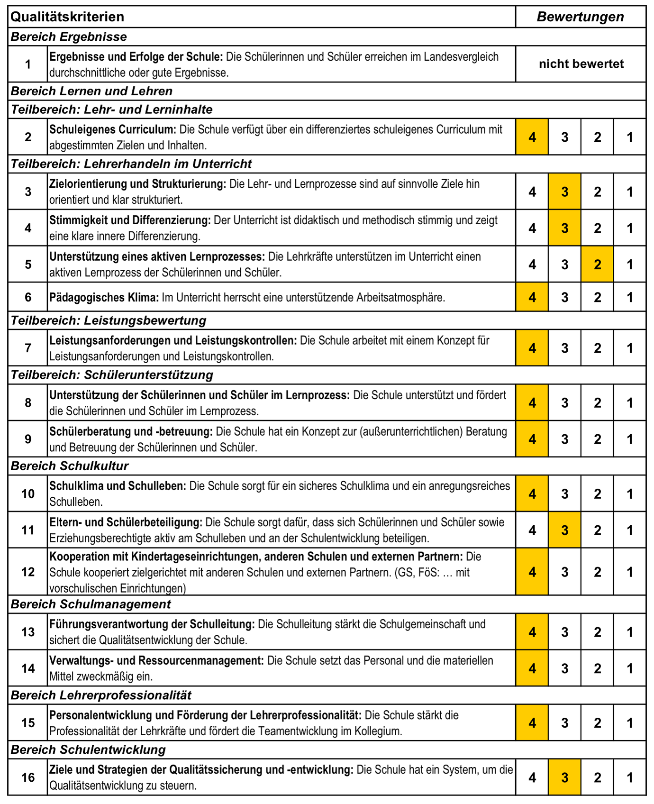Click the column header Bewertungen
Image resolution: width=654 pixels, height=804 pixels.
coord(580,17)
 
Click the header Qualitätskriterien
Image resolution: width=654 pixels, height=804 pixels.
coord(67,17)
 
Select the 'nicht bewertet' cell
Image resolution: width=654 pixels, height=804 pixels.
coord(581,64)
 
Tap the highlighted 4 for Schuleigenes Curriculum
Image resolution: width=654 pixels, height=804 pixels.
coord(532,137)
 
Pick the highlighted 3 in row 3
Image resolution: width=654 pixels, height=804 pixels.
coord(564,192)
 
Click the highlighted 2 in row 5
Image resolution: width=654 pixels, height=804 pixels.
coord(597,265)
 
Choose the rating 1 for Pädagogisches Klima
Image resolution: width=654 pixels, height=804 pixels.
coord(630,298)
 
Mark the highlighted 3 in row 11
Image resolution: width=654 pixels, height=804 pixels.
coord(564,530)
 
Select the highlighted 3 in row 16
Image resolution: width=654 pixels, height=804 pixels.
coord(564,777)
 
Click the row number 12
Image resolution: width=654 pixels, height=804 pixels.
coord(28,572)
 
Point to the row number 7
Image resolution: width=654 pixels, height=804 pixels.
coord(28,348)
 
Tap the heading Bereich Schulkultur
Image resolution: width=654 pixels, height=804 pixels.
coord(70,466)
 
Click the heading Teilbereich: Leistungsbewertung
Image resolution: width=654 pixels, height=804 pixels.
coord(109,321)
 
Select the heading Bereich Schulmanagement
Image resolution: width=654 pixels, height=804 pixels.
coord(91,604)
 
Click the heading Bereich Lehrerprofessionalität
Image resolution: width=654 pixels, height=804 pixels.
coord(101,695)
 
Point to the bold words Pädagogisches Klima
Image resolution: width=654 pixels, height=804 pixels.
coord(104,298)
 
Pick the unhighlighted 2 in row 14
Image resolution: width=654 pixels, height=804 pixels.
coord(597,669)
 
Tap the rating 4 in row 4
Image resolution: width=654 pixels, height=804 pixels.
coord(532,228)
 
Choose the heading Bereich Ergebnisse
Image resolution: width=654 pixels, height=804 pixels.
coord(69,37)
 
